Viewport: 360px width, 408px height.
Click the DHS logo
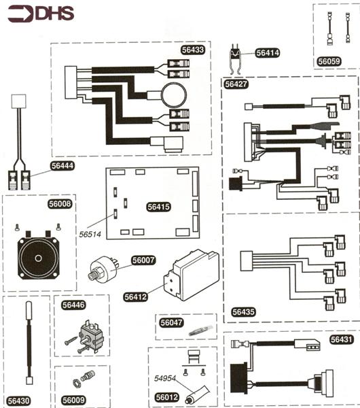pos(41,14)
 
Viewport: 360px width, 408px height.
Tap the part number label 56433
pos(193,50)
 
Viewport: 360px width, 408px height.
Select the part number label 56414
pos(268,53)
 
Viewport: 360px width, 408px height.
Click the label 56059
pos(329,61)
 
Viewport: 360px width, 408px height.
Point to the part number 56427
pos(236,84)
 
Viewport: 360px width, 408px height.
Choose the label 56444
pos(62,166)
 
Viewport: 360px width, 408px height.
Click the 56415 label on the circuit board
pos(158,207)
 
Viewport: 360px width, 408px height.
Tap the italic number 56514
pos(90,235)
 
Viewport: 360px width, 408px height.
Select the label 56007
pos(143,260)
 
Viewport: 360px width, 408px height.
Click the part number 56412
pos(135,297)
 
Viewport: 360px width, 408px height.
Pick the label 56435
pos(243,311)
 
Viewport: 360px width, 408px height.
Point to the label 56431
pos(341,339)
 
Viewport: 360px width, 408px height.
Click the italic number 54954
pos(165,378)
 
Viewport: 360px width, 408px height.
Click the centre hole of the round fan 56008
pos(38,258)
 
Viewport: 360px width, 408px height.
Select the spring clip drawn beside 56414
pos(236,58)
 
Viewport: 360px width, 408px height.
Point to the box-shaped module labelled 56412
pos(192,275)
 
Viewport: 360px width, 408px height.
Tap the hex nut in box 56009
pos(76,383)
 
